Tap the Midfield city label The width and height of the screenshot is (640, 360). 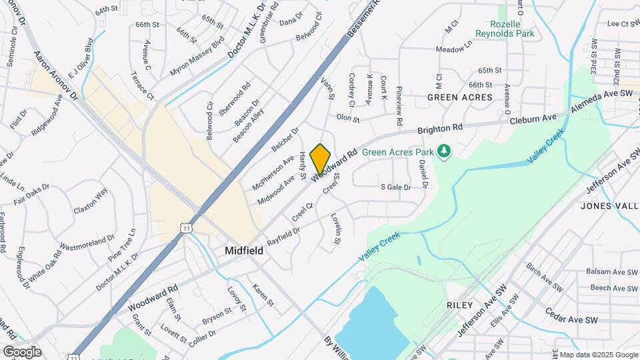[x=243, y=251]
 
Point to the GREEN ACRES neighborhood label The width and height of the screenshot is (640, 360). [x=460, y=97]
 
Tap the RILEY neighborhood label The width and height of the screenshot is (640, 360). [x=459, y=305]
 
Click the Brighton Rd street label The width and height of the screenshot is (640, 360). [x=440, y=128]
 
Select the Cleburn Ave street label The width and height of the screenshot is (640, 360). [x=533, y=119]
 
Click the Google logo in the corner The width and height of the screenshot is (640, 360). [x=21, y=352]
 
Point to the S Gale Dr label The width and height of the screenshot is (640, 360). [x=395, y=187]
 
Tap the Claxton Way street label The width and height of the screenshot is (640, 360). [x=91, y=201]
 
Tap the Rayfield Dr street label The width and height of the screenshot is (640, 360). [x=283, y=236]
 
